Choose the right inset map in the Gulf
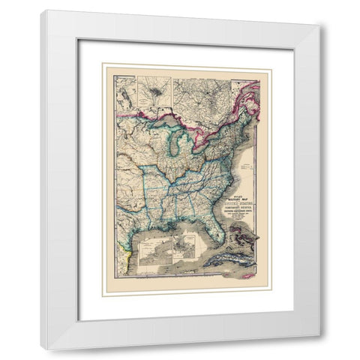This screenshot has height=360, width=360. (184, 247)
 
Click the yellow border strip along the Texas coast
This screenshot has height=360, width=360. (124, 256)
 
